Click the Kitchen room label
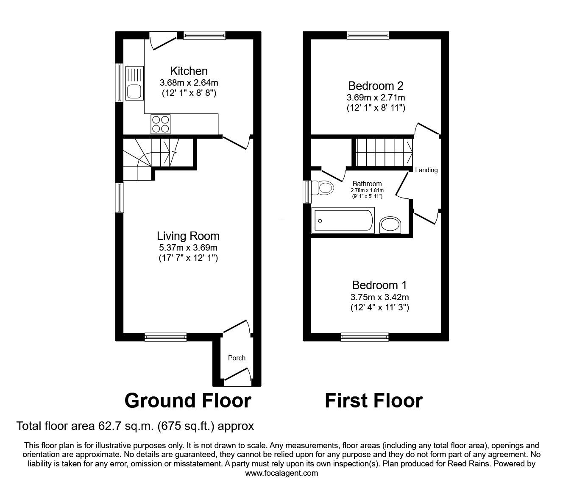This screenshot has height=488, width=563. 189,71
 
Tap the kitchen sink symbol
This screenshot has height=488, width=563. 134,83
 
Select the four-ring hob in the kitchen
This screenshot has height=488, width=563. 161,124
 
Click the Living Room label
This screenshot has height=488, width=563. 188,236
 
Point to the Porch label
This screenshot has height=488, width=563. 237,358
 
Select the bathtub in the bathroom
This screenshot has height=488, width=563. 343,220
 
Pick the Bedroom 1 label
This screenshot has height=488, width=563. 379,285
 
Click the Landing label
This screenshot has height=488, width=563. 426,170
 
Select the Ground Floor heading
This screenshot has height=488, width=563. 188,400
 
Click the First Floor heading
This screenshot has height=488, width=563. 373,400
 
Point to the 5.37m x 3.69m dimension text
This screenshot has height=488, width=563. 188,248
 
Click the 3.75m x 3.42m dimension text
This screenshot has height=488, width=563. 379,297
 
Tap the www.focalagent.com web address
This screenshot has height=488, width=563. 281,473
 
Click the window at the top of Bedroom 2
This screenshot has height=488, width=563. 368,36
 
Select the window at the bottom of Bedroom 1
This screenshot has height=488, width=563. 365,337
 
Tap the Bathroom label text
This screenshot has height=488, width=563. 367,184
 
